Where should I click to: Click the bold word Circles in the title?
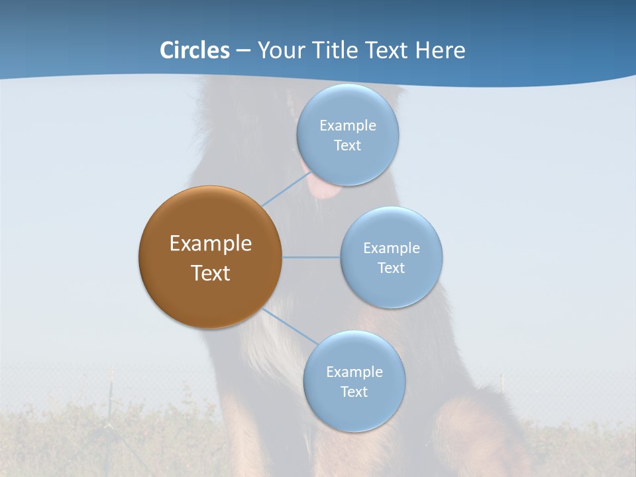tap(194, 50)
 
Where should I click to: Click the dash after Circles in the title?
tap(243, 51)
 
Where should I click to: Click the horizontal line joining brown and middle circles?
tap(311, 257)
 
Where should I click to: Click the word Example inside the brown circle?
tap(211, 244)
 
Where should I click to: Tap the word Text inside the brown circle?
tap(211, 273)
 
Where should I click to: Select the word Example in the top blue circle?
tap(348, 126)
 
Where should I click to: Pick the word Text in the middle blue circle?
tap(392, 268)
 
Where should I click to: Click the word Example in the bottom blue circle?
tap(354, 372)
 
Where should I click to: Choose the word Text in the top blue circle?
tap(347, 146)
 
